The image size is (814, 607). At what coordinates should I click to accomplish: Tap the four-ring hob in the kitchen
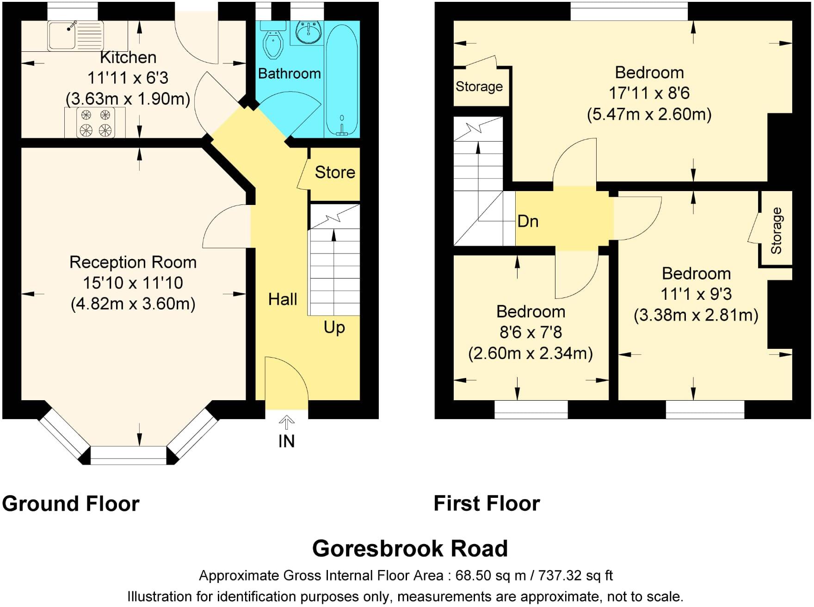click(x=95, y=123)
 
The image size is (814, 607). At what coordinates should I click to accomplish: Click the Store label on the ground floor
click(x=335, y=173)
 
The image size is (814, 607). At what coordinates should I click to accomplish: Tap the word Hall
click(x=283, y=299)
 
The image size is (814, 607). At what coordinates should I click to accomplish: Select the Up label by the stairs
click(x=334, y=328)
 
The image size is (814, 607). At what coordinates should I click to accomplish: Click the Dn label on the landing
click(x=528, y=221)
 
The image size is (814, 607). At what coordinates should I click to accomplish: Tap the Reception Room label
click(x=133, y=262)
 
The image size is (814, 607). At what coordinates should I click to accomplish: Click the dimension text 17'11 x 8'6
click(x=649, y=93)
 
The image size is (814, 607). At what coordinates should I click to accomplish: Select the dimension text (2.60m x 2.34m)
click(x=530, y=353)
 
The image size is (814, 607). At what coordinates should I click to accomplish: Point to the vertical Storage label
click(x=776, y=230)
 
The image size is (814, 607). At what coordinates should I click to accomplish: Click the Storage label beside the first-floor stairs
click(x=479, y=87)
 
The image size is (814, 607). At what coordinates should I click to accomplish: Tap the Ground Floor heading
click(x=70, y=503)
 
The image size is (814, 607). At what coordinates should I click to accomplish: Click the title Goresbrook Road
click(x=410, y=549)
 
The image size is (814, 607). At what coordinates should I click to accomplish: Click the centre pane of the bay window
click(x=128, y=455)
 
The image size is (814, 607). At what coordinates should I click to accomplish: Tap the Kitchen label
click(x=128, y=57)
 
